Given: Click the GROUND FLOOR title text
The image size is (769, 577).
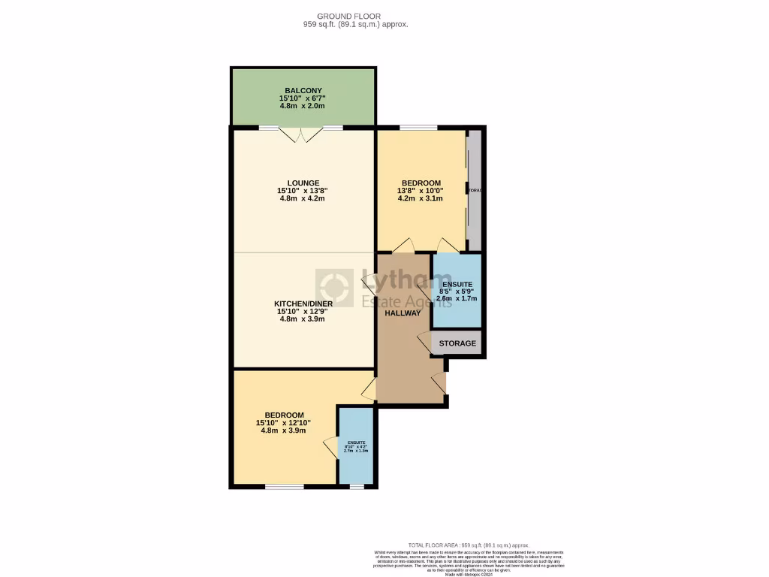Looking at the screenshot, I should [x=348, y=16].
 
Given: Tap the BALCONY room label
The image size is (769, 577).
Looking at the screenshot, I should [x=303, y=91].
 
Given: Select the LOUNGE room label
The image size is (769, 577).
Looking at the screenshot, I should [x=303, y=183].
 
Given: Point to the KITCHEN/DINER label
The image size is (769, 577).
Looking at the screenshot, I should [x=303, y=304].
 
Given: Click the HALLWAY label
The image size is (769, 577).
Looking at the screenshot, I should [x=403, y=313].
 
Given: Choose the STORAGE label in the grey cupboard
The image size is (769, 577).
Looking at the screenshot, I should [x=457, y=343].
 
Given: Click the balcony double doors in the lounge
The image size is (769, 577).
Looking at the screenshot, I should [x=301, y=134].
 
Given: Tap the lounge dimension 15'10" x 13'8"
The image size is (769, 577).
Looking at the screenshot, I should [x=303, y=191].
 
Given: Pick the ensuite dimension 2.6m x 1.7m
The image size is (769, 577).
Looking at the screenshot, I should [x=457, y=298].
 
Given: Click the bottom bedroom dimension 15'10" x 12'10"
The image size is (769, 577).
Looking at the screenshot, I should [x=284, y=423].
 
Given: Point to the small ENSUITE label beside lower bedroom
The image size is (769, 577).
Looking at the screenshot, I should [x=356, y=443].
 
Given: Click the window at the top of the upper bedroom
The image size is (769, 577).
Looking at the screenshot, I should [x=418, y=128].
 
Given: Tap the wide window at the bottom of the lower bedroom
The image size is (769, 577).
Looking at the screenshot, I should [x=285, y=487].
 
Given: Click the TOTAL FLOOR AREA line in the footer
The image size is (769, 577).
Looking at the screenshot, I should [x=468, y=545].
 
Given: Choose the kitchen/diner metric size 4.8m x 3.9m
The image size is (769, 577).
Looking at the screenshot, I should [x=303, y=319].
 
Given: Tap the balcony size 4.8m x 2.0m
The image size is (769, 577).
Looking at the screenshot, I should [x=303, y=106].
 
